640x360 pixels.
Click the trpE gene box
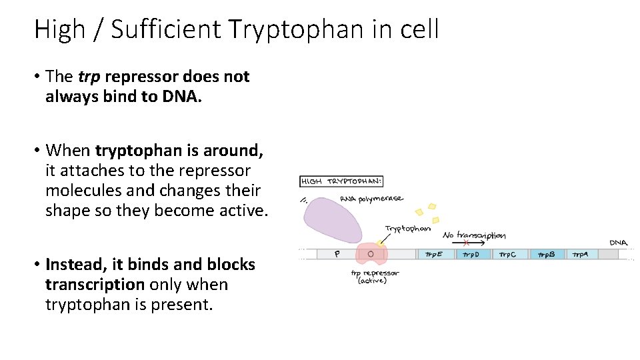(435, 254)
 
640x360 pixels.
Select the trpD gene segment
(472, 254)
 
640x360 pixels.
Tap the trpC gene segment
(510, 254)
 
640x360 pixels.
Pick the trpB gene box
(547, 254)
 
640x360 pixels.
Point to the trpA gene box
(581, 254)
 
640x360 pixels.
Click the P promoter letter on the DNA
(337, 254)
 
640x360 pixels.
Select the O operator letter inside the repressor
(370, 254)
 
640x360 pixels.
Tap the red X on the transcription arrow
(466, 243)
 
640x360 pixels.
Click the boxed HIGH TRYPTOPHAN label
(342, 181)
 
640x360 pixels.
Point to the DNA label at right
(618, 243)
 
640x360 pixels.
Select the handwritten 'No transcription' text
(474, 235)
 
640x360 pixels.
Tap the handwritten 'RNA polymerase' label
(371, 198)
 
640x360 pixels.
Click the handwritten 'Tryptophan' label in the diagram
(407, 229)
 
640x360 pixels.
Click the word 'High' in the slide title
(60, 29)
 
